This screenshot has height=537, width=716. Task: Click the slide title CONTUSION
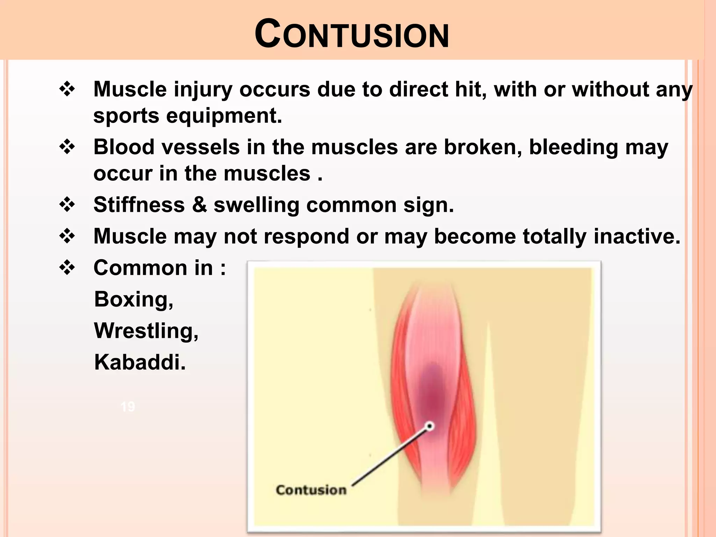tap(351, 34)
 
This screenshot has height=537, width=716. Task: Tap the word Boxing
tap(133, 300)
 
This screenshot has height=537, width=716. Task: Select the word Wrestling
tap(146, 331)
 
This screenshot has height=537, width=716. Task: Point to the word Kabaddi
tap(139, 363)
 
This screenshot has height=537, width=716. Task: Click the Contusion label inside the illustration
tap(311, 490)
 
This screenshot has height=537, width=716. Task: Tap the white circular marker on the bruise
tap(430, 426)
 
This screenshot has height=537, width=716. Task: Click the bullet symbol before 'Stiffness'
tap(67, 205)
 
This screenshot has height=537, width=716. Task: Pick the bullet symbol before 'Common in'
tap(67, 268)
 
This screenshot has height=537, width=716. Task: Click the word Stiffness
tap(139, 205)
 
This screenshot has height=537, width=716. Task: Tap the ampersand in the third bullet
tap(199, 205)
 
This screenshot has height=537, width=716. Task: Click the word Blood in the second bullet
tap(124, 147)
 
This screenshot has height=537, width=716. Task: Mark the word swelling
tap(256, 205)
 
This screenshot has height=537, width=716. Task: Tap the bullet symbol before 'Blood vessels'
tap(67, 147)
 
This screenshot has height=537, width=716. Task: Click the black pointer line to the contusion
tap(390, 456)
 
